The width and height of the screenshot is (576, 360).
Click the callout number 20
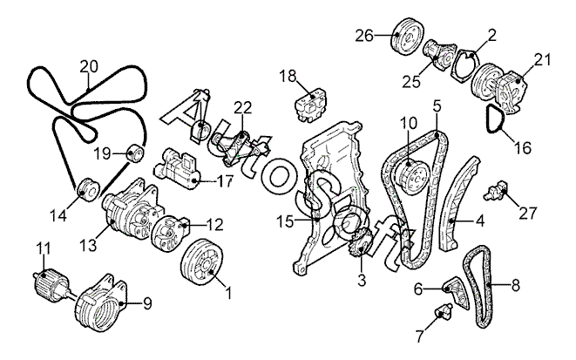[88, 65]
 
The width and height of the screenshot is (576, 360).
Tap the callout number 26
[363, 36]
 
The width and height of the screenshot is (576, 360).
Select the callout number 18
[288, 76]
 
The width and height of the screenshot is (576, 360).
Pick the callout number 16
[522, 147]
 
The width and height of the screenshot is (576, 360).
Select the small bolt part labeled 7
[444, 310]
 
